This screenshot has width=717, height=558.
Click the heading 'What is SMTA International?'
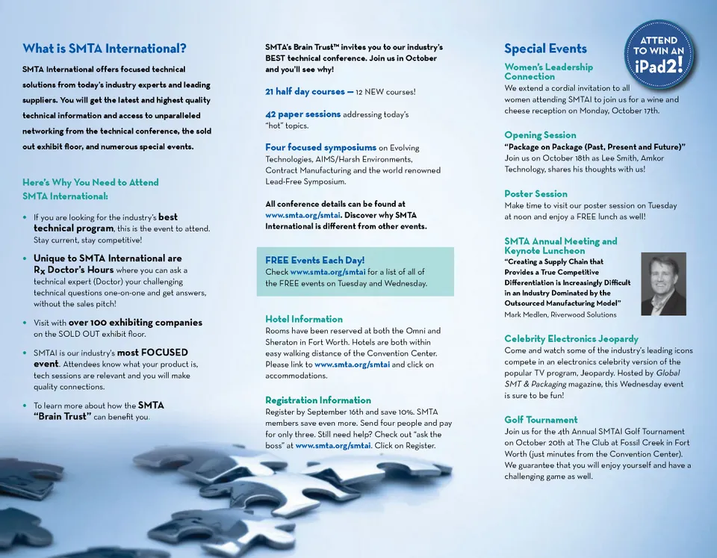pos(105,49)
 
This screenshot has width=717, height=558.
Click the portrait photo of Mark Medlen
pos(663,284)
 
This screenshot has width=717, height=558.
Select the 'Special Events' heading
pos(545,49)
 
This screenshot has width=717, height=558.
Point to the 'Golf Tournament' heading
pos(541,420)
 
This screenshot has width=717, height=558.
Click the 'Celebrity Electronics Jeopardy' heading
pos(571,339)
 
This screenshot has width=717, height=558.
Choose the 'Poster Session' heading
pos(536,194)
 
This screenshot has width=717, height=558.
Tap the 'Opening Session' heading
pos(540,135)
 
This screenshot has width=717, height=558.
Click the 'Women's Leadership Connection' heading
pos(548,72)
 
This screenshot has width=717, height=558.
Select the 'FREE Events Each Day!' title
pos(314,261)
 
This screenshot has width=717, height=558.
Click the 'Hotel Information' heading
pos(304,319)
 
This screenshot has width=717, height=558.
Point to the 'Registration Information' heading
pos(318,400)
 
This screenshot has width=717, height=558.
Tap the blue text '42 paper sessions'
pos(302,114)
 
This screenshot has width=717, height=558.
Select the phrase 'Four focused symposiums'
pos(320,148)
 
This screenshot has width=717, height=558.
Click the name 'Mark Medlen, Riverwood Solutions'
pos(560,314)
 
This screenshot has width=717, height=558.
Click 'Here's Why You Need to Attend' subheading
pos(90,182)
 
